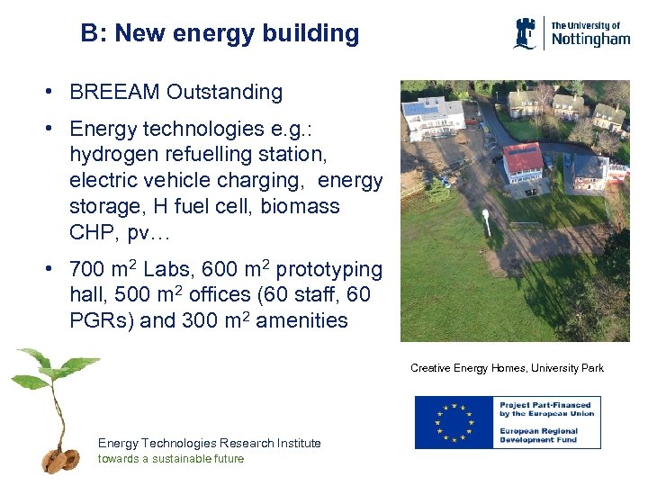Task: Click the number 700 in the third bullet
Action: click(x=87, y=270)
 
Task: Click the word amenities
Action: click(x=301, y=320)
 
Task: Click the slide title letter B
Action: click(x=88, y=34)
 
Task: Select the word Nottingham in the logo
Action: click(x=589, y=40)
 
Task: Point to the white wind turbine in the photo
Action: click(x=487, y=221)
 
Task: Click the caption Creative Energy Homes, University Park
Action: click(x=507, y=368)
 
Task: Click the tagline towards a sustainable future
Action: click(x=170, y=458)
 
